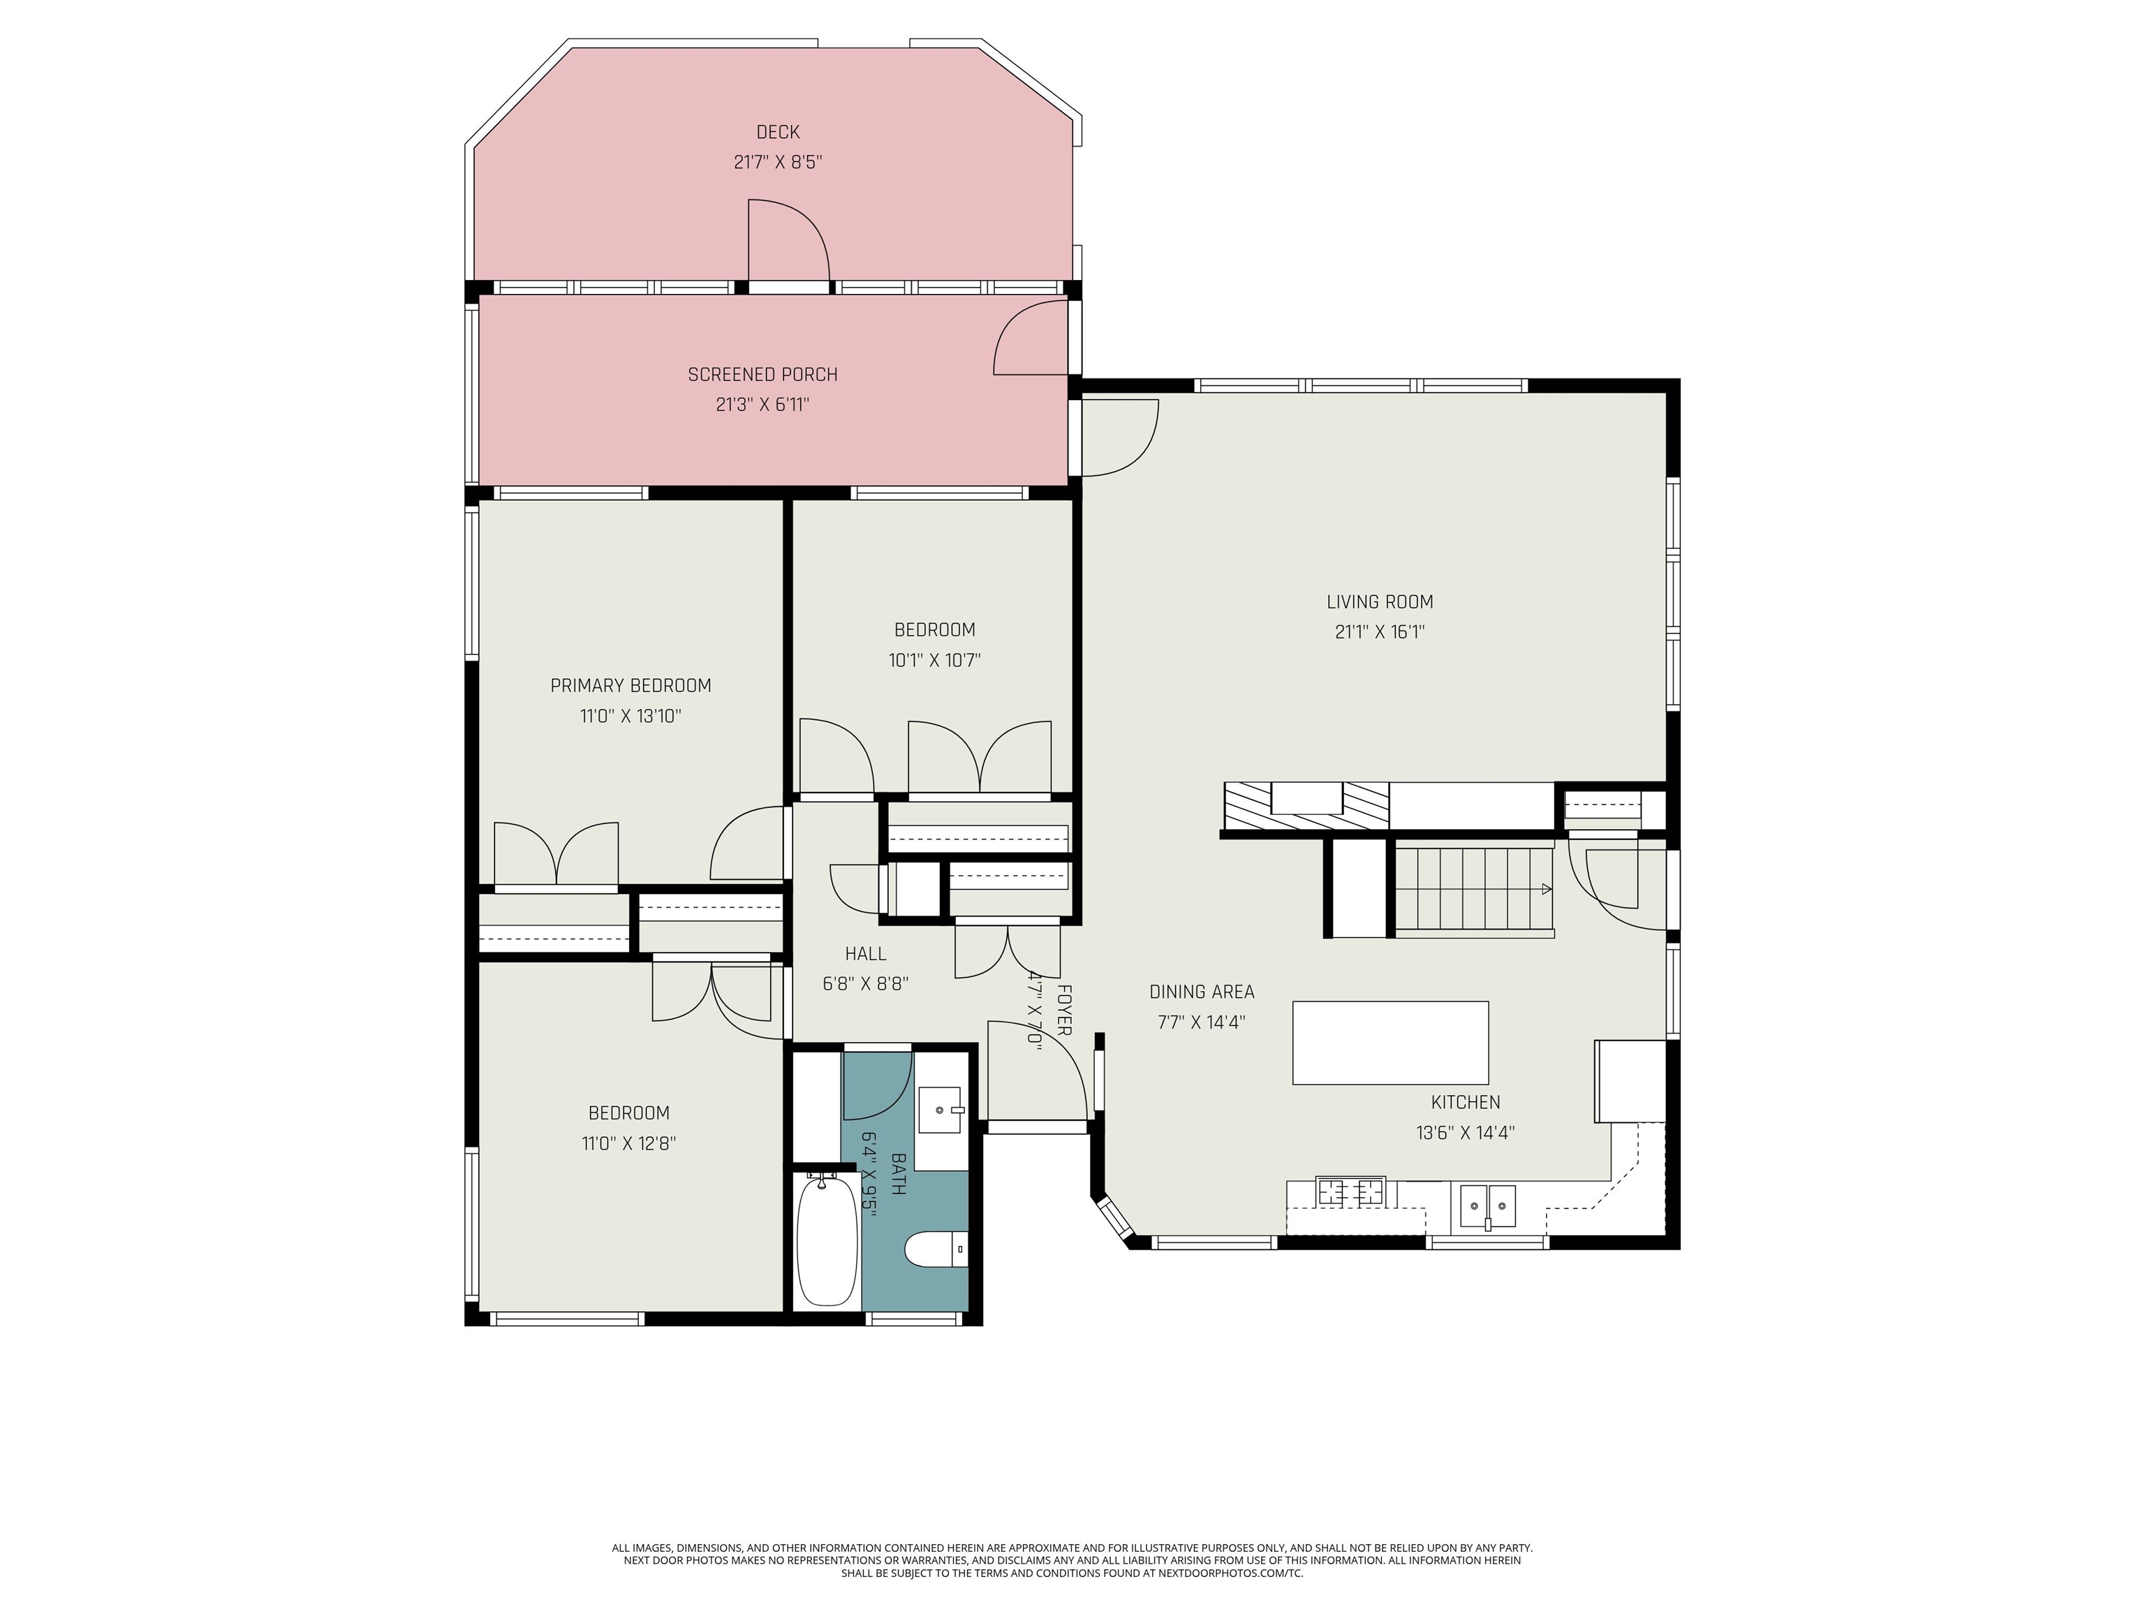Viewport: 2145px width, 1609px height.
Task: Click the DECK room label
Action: point(778,132)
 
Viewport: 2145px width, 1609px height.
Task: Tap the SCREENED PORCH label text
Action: point(762,374)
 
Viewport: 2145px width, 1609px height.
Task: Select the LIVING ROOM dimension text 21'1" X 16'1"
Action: point(1379,632)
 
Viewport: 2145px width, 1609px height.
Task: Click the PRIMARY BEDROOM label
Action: point(631,686)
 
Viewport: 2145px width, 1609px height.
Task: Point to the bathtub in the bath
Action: point(827,1240)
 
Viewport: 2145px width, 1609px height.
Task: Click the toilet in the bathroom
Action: point(936,1249)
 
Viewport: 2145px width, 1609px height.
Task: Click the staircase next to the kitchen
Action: point(1473,888)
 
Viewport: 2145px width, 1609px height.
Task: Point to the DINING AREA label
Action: point(1202,992)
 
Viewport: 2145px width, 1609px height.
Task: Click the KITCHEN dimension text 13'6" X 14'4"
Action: point(1465,1133)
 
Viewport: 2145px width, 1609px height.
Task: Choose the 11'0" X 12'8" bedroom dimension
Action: point(628,1143)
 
